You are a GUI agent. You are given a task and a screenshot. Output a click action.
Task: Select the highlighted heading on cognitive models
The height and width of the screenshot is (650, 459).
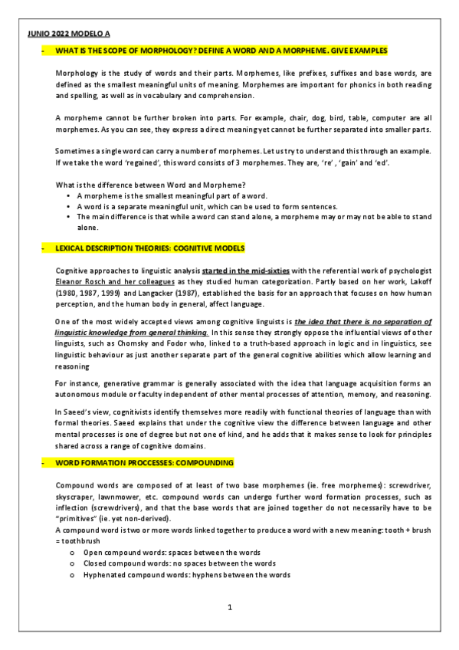[149, 249]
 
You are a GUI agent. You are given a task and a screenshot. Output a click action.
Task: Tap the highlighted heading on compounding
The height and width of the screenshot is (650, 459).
[144, 464]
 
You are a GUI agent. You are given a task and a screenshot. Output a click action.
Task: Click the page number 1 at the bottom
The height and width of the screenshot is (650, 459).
[229, 608]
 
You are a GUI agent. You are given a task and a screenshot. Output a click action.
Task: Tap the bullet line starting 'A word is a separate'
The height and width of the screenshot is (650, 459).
[207, 207]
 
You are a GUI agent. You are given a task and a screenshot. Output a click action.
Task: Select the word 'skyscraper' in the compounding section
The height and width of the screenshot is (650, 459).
[78, 497]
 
